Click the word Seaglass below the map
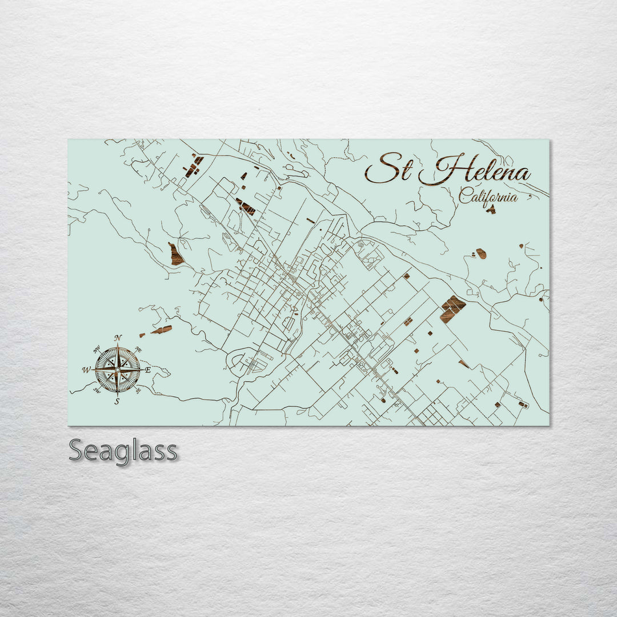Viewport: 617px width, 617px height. click(x=123, y=451)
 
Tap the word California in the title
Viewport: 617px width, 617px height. click(x=488, y=197)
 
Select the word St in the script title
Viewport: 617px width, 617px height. click(x=388, y=169)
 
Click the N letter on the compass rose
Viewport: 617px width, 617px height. click(x=118, y=338)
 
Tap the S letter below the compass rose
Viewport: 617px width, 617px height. click(x=117, y=402)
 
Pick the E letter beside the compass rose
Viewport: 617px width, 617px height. click(x=147, y=370)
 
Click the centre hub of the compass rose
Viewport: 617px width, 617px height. click(x=117, y=370)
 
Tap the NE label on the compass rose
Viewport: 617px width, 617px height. click(x=138, y=350)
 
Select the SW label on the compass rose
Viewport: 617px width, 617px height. click(x=97, y=391)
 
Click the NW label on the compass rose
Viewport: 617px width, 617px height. click(x=97, y=349)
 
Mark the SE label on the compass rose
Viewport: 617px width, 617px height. click(x=138, y=391)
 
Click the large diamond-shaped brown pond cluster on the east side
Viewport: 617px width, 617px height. click(x=452, y=309)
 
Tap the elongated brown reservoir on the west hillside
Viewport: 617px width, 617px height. click(x=175, y=254)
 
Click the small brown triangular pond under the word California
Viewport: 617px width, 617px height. click(x=491, y=210)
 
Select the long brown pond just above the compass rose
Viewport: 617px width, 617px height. click(x=162, y=330)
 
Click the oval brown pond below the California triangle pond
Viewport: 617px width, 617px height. click(x=482, y=253)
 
